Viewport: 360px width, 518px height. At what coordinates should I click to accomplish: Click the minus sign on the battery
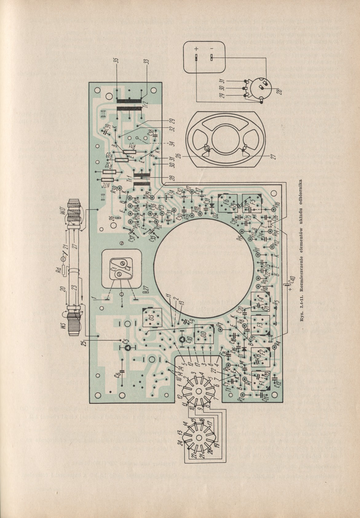click(212, 49)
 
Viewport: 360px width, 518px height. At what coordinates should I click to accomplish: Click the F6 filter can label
click(226, 203)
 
